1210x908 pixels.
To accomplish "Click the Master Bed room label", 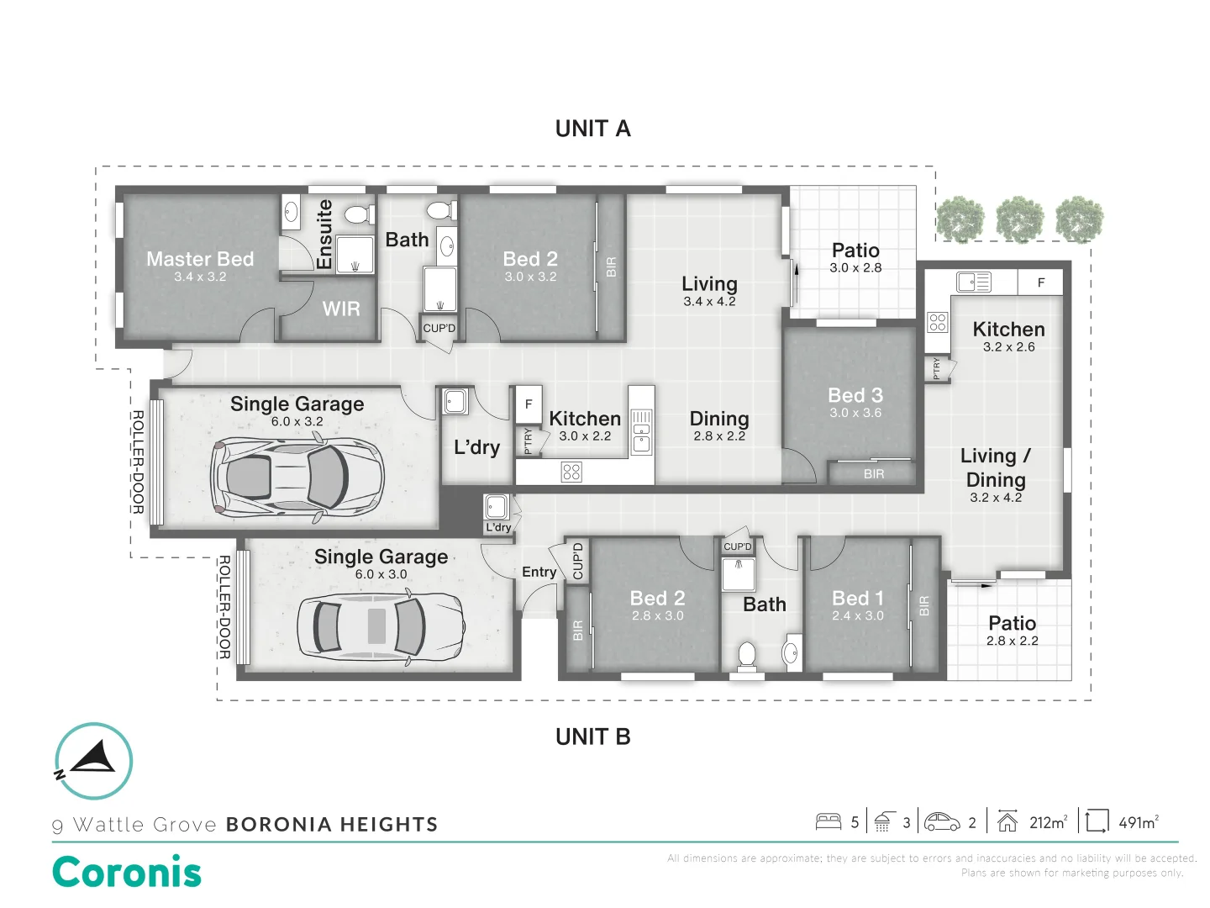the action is [200, 259].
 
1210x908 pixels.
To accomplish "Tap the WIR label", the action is [341, 309].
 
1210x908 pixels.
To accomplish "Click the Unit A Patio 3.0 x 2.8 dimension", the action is [855, 268].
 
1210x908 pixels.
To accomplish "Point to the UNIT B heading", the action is [592, 736].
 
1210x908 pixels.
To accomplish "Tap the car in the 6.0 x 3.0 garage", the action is [381, 627].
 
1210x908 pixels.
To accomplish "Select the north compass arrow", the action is [94, 757].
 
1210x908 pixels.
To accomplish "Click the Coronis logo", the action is [127, 872].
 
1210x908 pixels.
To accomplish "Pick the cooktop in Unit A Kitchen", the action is [571, 472].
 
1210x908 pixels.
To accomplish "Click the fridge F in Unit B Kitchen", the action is [1041, 282].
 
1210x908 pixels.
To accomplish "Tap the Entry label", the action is [539, 572].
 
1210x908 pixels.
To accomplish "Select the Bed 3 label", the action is [855, 395].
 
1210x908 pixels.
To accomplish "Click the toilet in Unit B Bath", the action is [746, 656].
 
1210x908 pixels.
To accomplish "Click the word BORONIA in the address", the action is [279, 824].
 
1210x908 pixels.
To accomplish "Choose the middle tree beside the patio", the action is [1020, 219].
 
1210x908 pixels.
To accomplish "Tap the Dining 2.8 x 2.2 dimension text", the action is [719, 436].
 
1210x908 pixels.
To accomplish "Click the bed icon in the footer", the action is [829, 822].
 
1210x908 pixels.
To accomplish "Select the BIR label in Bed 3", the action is [874, 474].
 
